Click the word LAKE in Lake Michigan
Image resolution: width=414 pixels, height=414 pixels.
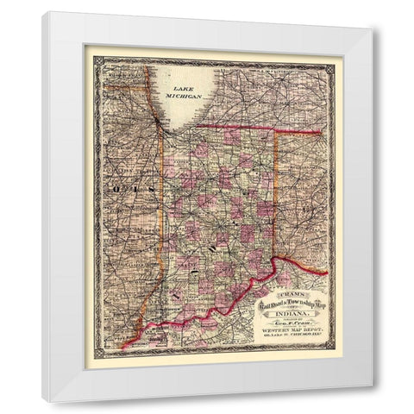tap(183, 89)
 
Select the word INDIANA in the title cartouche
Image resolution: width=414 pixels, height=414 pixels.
tap(277, 310)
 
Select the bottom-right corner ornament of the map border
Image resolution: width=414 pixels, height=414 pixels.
tap(336, 354)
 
